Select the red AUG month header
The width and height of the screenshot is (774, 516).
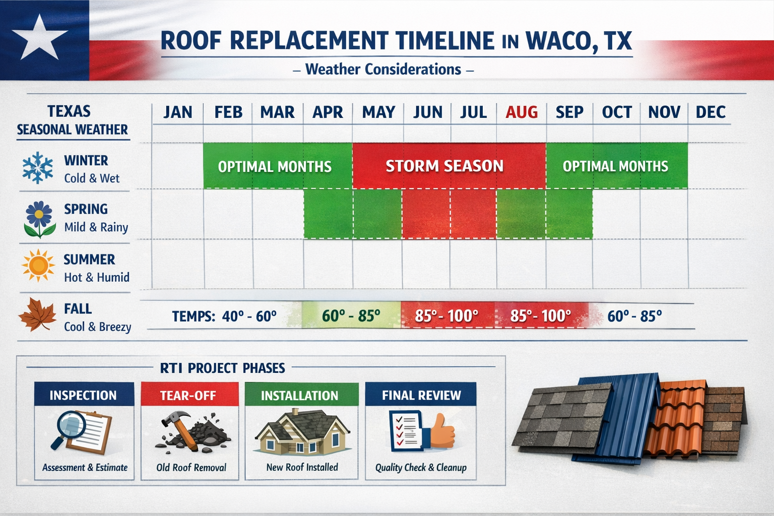(522, 112)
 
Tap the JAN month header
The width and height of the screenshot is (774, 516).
(177, 112)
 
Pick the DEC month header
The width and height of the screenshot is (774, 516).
(711, 112)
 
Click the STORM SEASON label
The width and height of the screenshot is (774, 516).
(444, 166)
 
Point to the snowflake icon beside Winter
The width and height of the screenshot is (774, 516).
(38, 168)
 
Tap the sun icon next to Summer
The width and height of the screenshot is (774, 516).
(38, 266)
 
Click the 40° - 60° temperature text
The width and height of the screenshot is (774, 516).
(249, 316)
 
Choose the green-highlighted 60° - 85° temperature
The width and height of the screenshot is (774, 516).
(351, 316)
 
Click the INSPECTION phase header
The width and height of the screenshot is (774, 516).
(83, 396)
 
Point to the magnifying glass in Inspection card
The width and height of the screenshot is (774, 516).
(68, 428)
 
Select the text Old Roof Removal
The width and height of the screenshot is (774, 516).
(191, 468)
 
